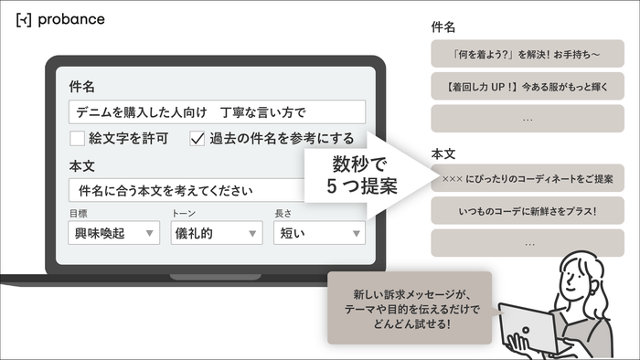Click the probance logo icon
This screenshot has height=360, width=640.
(24, 19)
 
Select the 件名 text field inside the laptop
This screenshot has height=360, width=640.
(217, 111)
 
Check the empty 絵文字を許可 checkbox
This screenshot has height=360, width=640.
(78, 139)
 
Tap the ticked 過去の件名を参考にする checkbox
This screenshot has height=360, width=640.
(197, 139)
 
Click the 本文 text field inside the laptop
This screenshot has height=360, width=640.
(217, 190)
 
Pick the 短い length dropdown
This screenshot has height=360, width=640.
(319, 233)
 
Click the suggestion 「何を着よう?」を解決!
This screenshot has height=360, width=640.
(528, 54)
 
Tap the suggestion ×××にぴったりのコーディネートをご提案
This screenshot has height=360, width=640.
(528, 178)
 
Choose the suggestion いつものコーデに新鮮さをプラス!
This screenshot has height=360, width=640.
(528, 211)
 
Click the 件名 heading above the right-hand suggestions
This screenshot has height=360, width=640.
(443, 27)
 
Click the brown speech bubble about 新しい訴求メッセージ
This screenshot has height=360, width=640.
(408, 307)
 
